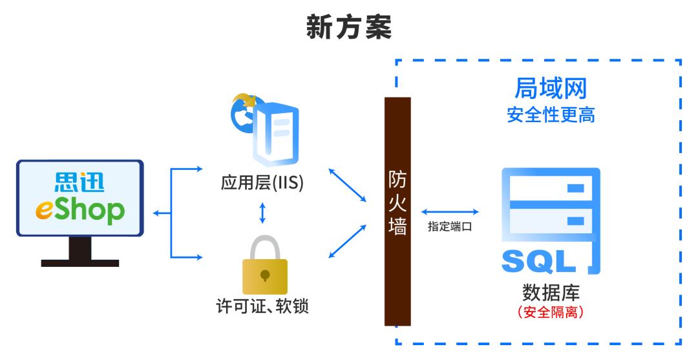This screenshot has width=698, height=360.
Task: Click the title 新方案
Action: (349, 28)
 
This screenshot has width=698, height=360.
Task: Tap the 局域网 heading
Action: (551, 88)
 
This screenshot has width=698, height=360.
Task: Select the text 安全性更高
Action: (551, 115)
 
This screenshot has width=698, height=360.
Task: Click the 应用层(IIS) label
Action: (262, 183)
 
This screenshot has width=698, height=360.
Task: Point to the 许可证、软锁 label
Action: (262, 306)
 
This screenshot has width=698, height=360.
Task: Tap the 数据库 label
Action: (551, 291)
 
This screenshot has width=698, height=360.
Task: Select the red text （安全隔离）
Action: (551, 312)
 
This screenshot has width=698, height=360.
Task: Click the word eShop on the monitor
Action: (80, 210)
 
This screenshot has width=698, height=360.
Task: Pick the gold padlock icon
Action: (264, 269)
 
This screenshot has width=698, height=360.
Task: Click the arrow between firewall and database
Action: (450, 212)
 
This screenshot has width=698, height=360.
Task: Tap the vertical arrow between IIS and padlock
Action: (262, 213)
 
